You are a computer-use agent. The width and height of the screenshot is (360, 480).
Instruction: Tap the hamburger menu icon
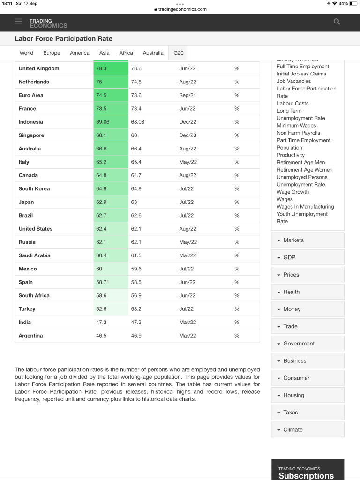(19, 21)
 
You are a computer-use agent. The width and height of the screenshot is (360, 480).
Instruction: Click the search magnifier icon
(337, 21)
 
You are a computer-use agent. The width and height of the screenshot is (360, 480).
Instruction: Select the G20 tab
(179, 53)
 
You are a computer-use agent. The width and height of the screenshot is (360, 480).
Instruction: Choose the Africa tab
(126, 53)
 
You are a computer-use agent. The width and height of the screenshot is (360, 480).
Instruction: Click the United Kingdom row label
(39, 68)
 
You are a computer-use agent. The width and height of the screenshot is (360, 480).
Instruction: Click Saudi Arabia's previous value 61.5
(136, 255)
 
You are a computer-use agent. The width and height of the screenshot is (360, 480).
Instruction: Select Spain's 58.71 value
(103, 282)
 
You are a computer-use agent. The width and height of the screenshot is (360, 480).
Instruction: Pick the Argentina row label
(30, 336)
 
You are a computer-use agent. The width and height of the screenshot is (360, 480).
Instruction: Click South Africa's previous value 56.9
(136, 295)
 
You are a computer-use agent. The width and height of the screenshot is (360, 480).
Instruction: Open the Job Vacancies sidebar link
(294, 81)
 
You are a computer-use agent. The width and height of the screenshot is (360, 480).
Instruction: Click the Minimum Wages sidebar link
(296, 125)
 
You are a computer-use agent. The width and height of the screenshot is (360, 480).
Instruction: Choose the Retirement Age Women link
(305, 170)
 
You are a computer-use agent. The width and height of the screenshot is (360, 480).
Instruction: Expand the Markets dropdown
(307, 240)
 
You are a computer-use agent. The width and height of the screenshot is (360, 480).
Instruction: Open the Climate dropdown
(307, 429)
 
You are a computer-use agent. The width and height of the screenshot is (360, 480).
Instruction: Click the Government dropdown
(307, 344)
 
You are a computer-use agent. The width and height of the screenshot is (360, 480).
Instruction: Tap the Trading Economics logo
(48, 23)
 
